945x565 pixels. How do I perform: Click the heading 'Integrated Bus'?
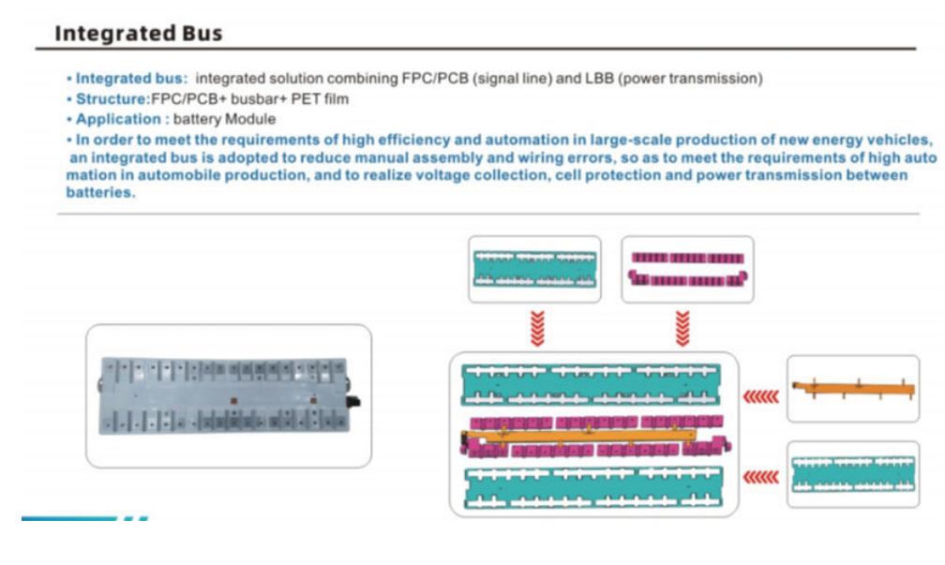tap(139, 34)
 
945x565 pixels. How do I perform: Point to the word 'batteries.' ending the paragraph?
tap(100, 192)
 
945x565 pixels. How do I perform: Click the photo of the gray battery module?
tap(228, 394)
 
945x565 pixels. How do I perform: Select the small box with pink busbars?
tap(688, 269)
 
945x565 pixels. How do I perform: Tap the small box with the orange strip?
tap(852, 388)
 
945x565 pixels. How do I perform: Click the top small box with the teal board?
tap(535, 269)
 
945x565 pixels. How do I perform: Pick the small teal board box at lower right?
tap(852, 474)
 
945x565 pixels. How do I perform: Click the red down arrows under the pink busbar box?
tap(683, 328)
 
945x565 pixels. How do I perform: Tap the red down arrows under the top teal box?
tap(535, 328)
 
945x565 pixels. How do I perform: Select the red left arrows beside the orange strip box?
tap(760, 396)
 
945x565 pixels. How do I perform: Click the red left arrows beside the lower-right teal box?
tap(760, 477)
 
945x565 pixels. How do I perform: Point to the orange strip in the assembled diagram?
tap(591, 435)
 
